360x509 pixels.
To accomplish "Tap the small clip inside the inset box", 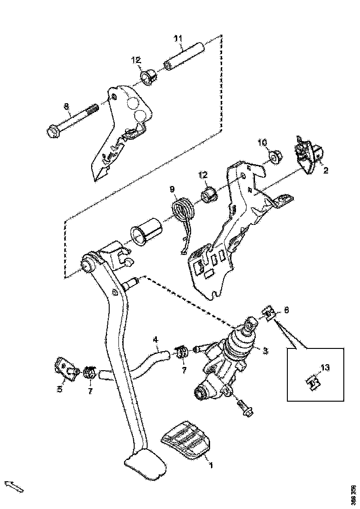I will tap(314, 383).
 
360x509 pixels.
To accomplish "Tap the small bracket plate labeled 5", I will tap(66, 368).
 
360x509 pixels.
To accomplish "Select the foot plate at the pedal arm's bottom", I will tap(145, 465).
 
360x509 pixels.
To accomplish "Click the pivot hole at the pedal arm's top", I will tap(87, 265).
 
